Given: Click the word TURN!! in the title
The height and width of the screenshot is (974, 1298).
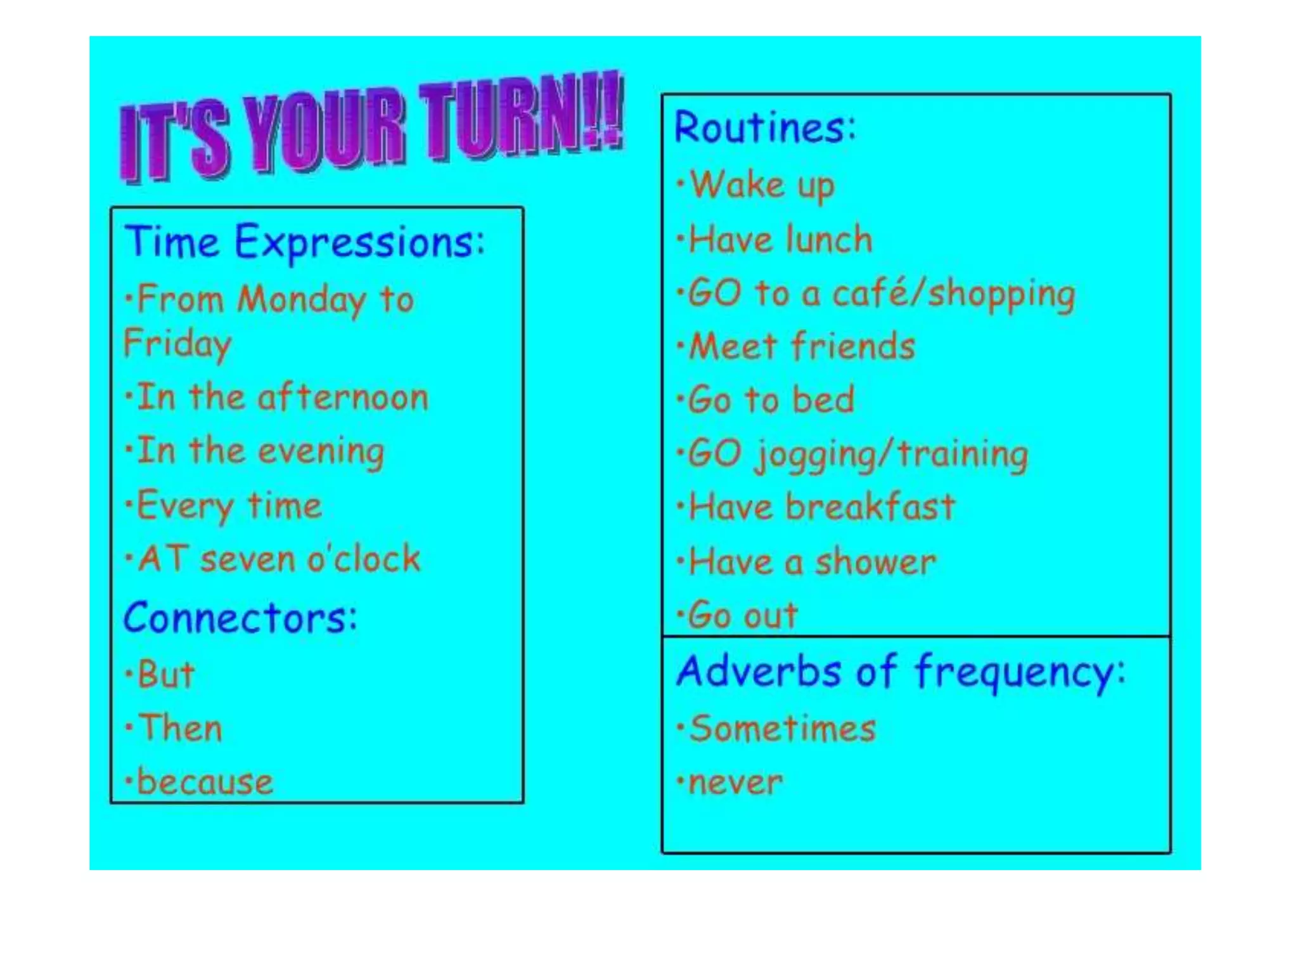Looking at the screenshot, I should click(523, 117).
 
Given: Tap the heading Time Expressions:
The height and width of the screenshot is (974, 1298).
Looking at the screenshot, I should click(304, 242).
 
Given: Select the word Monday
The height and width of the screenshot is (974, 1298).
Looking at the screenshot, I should click(301, 299).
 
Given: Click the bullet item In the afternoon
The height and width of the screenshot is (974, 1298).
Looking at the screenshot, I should click(282, 398).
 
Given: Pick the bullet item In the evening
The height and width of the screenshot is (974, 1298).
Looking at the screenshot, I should click(260, 451).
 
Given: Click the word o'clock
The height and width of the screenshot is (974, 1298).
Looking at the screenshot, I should click(364, 559).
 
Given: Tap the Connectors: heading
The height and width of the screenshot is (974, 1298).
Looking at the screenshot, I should click(240, 618).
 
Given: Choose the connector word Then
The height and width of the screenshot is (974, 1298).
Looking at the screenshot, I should click(181, 727).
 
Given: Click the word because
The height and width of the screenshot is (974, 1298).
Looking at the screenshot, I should click(205, 781).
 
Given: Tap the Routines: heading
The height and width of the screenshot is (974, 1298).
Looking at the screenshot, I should click(765, 127).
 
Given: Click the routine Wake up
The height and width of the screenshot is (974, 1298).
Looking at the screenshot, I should click(761, 185).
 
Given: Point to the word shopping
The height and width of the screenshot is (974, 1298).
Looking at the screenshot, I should click(1001, 294).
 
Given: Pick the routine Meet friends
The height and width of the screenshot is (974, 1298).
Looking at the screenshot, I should click(802, 347).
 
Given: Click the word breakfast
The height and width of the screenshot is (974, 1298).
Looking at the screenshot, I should click(870, 507).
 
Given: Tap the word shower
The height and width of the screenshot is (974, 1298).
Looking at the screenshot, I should click(875, 562).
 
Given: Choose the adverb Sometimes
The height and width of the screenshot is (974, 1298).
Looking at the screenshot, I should click(782, 728).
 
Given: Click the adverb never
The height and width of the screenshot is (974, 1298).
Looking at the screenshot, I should click(735, 782).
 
